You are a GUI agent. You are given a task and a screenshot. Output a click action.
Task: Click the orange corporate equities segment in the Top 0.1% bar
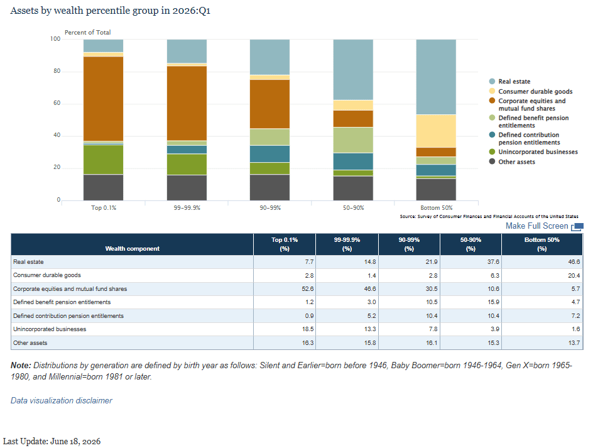103,99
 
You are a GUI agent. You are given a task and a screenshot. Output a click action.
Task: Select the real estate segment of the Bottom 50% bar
436,77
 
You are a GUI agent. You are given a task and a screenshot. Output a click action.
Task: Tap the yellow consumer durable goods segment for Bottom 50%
436,131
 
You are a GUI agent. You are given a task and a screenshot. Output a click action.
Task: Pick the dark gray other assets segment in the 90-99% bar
269,187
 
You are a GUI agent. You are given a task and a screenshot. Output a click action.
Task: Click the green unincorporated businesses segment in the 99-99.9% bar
187,164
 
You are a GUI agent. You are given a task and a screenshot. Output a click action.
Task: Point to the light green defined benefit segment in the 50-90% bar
353,140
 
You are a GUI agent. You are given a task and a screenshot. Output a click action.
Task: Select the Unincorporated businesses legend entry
533,151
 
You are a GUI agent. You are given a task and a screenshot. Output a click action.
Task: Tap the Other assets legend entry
512,161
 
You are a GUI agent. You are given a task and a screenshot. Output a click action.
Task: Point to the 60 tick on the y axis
57,103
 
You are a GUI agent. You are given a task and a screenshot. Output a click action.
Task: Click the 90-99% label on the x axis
270,208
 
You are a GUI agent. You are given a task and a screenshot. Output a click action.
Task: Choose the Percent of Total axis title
88,33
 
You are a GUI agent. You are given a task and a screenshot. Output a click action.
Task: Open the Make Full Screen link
545,226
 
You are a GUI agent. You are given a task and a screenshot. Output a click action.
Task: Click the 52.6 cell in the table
308,288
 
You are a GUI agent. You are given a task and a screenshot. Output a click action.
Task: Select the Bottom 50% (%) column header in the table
542,244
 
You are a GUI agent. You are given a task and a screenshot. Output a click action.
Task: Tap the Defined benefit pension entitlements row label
62,302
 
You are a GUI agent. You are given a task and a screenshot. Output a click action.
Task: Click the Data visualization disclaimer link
62,400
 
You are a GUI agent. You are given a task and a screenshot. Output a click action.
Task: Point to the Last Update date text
52,441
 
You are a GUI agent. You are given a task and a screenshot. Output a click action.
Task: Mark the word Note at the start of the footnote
21,365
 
